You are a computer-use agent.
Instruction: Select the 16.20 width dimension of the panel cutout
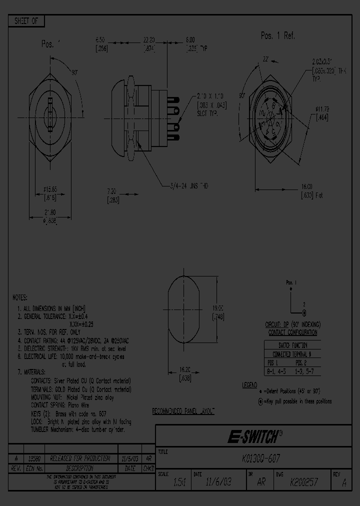186,374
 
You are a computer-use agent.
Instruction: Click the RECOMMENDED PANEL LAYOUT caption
183,411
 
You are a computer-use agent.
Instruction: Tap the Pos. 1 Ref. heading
278,35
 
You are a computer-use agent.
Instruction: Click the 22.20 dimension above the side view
148,39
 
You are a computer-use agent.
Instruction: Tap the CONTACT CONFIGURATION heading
292,332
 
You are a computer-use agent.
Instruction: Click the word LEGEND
249,385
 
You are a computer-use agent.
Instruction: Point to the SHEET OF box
26,21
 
